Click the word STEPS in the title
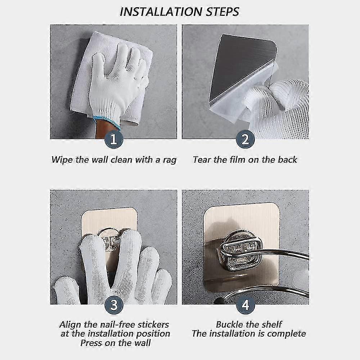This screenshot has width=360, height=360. pos(222,12)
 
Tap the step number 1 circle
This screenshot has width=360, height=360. pos(114,139)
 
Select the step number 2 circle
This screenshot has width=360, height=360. pos(246,139)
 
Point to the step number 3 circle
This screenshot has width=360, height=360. pos(114,305)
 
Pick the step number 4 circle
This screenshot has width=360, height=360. pos(246,305)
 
